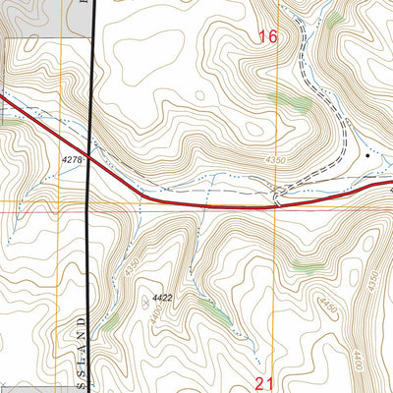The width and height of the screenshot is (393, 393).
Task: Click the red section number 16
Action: [268, 37]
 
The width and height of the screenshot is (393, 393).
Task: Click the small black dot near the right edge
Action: [368, 155]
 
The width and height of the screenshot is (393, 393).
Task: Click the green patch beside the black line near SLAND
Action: [111, 320]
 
